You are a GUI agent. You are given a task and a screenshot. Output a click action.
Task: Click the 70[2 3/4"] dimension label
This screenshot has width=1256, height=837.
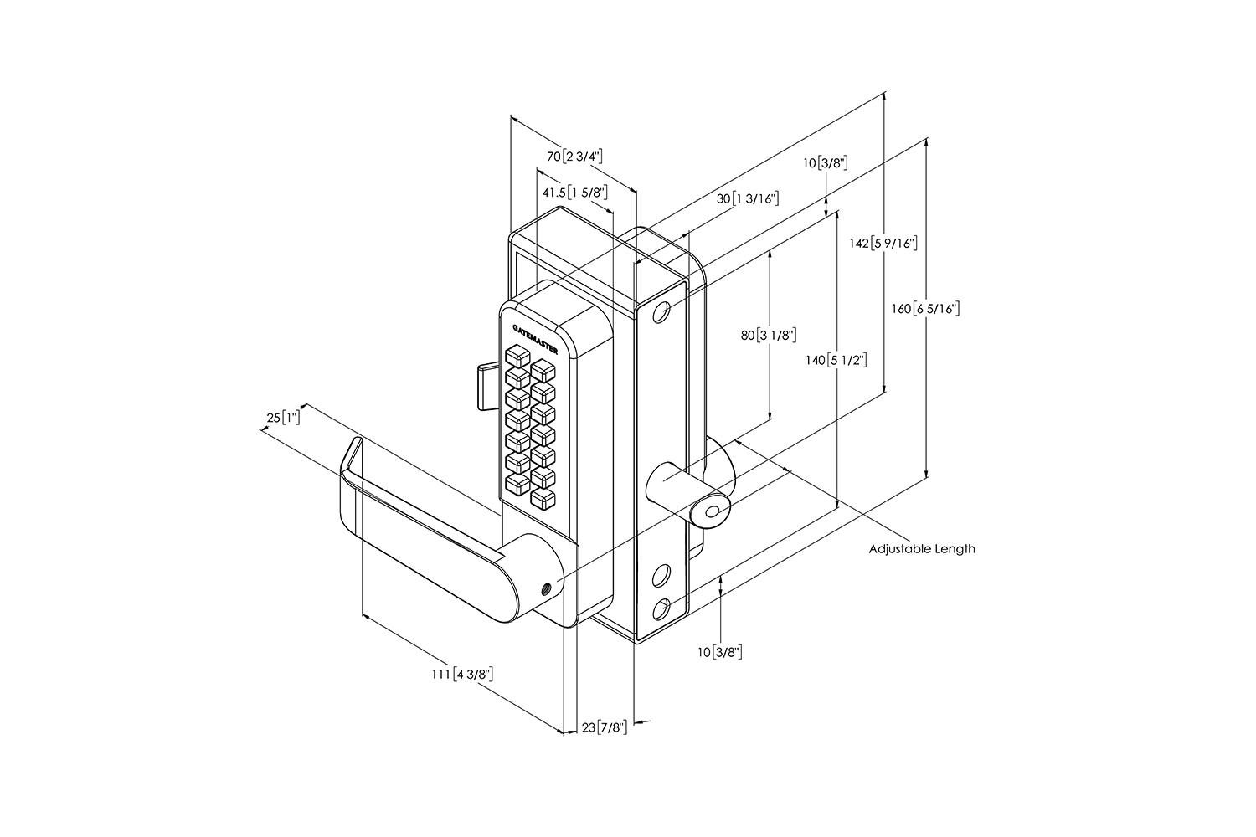pos(574,157)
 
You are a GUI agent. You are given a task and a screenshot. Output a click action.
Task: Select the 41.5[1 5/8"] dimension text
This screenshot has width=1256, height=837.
pos(574,193)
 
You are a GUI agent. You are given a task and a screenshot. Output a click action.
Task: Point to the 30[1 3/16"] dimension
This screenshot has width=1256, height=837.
pos(748,199)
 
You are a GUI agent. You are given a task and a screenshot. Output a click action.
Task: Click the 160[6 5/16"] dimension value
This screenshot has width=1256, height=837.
pos(924,309)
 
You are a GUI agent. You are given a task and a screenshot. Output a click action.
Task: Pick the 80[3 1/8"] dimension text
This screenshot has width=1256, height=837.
pos(768,335)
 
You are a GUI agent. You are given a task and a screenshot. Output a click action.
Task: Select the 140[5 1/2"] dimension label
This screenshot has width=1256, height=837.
pos(835,361)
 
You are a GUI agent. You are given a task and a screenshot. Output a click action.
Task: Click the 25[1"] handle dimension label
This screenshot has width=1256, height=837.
pos(289,418)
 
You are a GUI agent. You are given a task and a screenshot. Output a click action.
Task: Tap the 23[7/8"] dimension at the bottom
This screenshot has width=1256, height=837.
pos(604,727)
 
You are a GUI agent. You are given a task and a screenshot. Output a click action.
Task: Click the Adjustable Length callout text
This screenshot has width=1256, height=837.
pos(921,549)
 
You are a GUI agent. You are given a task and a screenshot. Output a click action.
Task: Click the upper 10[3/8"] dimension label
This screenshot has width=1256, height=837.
pos(826,162)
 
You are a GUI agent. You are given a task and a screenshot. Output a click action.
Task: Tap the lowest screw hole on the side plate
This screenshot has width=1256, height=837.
pos(661,608)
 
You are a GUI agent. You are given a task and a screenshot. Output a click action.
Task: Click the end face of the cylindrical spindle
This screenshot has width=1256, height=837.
pos(713,512)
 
